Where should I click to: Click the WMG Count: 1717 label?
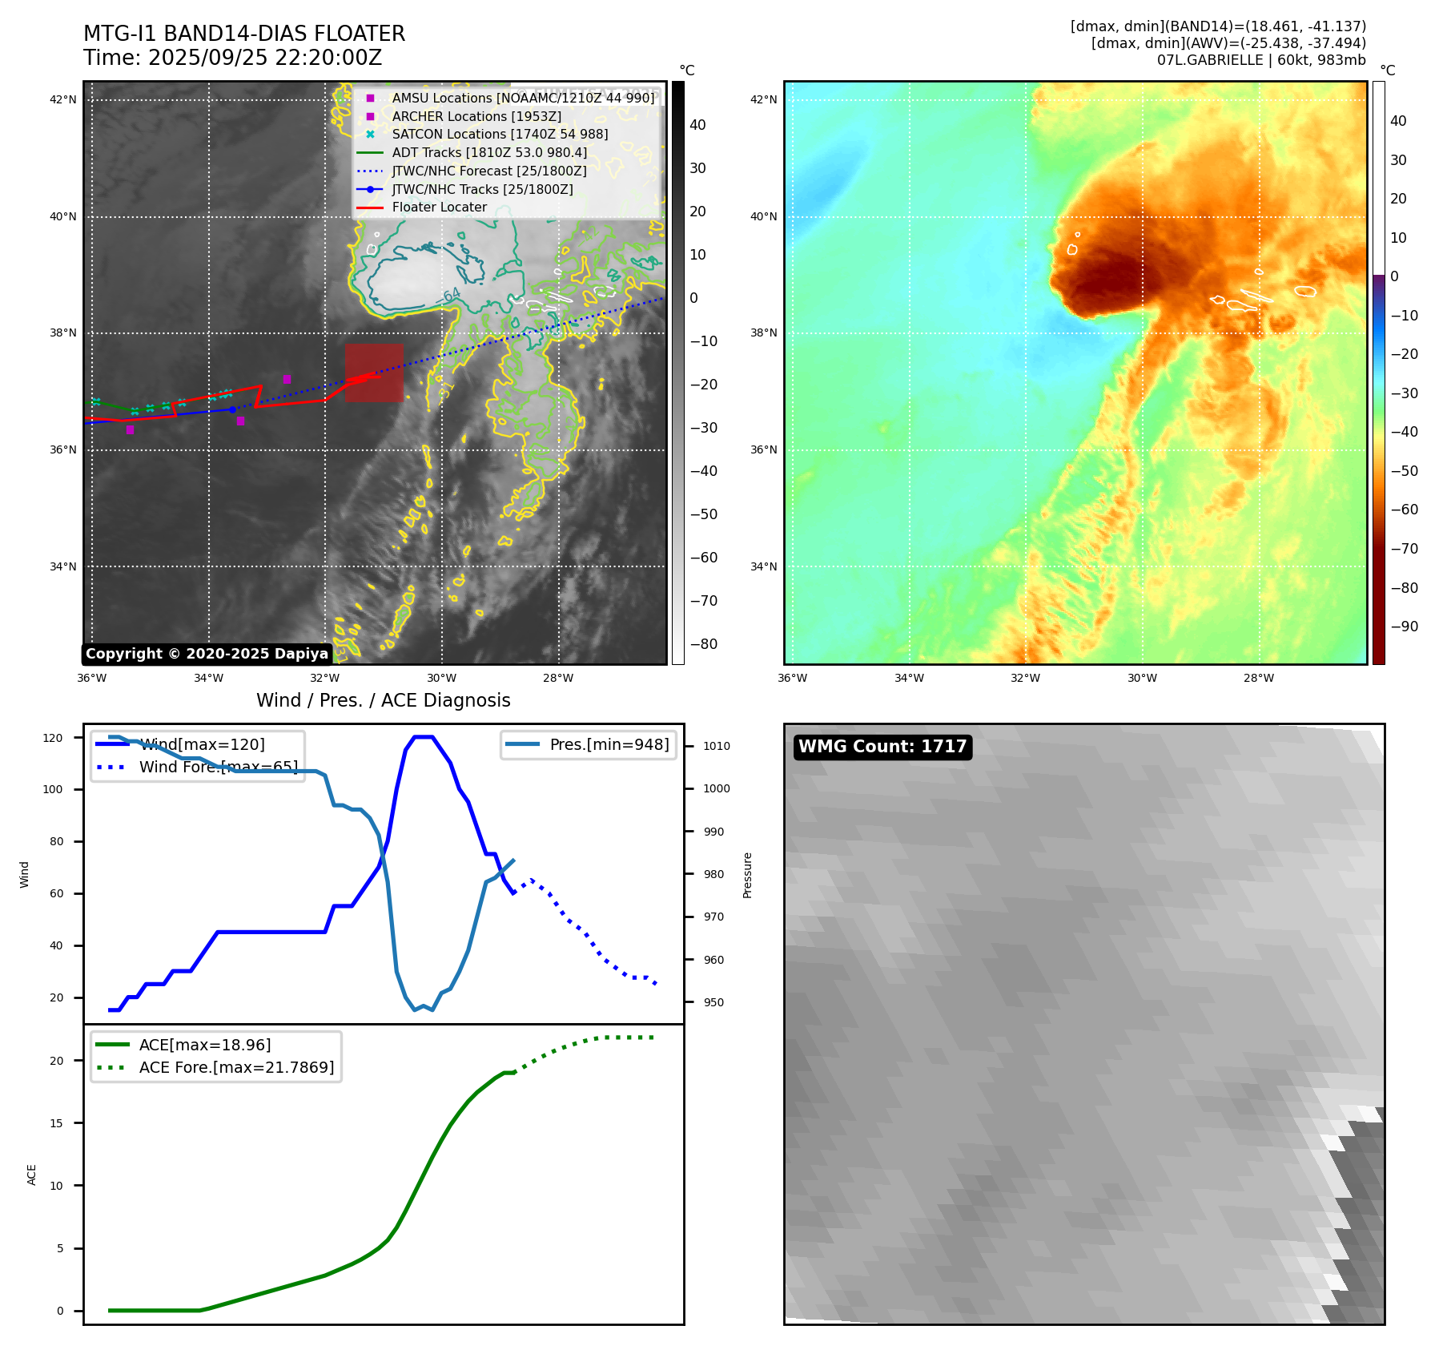pyautogui.click(x=882, y=747)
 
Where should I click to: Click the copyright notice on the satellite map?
pyautogui.click(x=207, y=654)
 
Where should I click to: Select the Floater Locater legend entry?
pyautogui.click(x=439, y=208)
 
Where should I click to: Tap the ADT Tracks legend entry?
pyautogui.click(x=489, y=152)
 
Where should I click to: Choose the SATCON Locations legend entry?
pyautogui.click(x=500, y=135)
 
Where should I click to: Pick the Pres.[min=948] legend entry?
pyautogui.click(x=609, y=744)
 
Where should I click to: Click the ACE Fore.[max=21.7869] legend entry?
pyautogui.click(x=236, y=1067)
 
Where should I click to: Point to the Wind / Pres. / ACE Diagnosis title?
pyautogui.click(x=383, y=700)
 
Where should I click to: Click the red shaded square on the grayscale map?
pyautogui.click(x=374, y=373)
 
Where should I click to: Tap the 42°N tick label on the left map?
pyautogui.click(x=63, y=100)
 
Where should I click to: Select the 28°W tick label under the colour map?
pyautogui.click(x=1258, y=679)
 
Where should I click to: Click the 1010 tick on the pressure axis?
pyautogui.click(x=717, y=746)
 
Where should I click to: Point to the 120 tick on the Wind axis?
pyautogui.click(x=53, y=738)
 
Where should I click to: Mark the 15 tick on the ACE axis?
pyautogui.click(x=56, y=1123)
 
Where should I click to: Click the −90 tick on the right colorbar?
pyautogui.click(x=1404, y=627)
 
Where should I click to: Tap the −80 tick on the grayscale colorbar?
pyautogui.click(x=704, y=644)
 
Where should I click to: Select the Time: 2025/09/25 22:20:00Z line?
pyautogui.click(x=232, y=58)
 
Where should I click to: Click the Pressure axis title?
pyautogui.click(x=747, y=875)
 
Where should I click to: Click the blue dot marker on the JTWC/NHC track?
pyautogui.click(x=232, y=409)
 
